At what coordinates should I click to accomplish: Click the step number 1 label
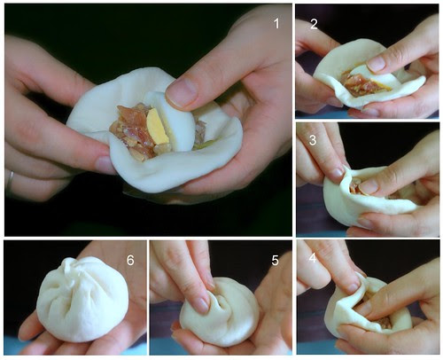[276, 24]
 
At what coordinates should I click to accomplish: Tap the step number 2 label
[314, 24]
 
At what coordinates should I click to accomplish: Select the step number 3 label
[313, 139]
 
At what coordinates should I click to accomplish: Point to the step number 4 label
[313, 258]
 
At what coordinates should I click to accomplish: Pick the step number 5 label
[275, 260]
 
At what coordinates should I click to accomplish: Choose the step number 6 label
[130, 260]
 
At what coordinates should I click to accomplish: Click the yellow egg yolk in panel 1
[157, 127]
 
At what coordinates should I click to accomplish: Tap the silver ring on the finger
[10, 182]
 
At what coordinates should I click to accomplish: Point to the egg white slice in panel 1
[175, 124]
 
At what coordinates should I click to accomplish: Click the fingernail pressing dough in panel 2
[377, 63]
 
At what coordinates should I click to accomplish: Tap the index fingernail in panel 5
[202, 305]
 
